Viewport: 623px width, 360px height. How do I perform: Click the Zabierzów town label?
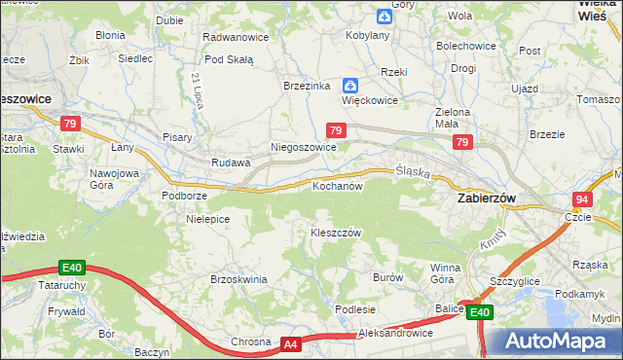tap(486, 197)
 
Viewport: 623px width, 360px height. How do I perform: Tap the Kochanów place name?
tap(337, 185)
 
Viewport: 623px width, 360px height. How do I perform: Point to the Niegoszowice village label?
tap(303, 147)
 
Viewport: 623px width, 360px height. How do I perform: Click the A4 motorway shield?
tap(291, 343)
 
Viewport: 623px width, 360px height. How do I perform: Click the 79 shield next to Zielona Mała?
tap(461, 143)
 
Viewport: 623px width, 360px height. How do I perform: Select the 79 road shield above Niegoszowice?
tap(335, 129)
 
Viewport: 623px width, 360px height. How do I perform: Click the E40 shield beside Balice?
tap(478, 312)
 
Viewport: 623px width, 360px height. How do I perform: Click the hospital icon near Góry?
tap(385, 16)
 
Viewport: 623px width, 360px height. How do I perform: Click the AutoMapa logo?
tap(553, 342)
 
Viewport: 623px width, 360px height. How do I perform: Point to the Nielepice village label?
tap(207, 219)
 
